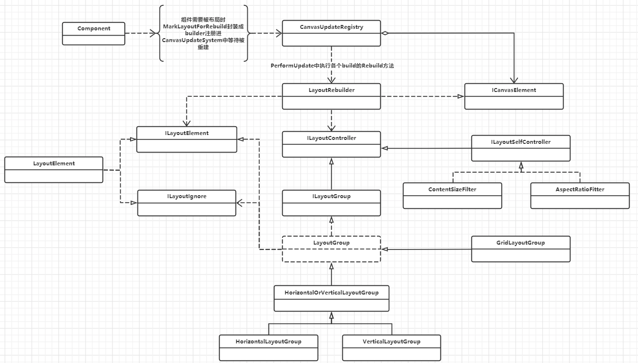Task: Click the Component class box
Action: point(94,33)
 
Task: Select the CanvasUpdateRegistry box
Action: point(331,33)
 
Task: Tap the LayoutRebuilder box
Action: point(331,96)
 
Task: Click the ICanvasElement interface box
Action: point(514,96)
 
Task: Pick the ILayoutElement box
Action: point(187,139)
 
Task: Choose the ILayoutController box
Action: point(331,144)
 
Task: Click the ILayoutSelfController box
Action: point(521,148)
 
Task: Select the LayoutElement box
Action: point(54,169)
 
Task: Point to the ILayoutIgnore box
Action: point(187,203)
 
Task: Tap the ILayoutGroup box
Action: point(331,203)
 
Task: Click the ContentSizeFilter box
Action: point(452,195)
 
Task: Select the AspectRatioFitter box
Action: point(580,195)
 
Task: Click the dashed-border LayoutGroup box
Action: point(331,249)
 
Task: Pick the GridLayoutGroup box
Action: point(521,249)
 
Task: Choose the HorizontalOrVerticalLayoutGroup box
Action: point(331,298)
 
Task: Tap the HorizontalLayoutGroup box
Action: point(268,347)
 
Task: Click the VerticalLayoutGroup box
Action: point(392,347)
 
